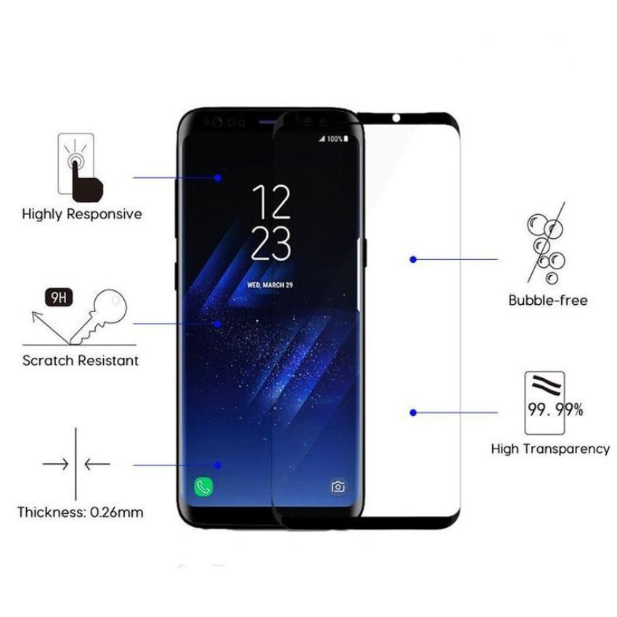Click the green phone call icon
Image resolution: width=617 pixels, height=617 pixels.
point(203,487)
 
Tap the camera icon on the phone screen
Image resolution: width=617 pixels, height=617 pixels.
point(338,487)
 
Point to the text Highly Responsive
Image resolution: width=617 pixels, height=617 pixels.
point(82,214)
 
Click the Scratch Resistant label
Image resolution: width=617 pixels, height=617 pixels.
point(81,361)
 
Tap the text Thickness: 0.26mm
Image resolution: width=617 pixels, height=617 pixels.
point(81,512)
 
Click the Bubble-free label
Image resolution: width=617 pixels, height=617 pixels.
point(548,301)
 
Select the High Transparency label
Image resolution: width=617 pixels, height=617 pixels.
point(550,449)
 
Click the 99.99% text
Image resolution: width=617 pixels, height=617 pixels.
point(555,410)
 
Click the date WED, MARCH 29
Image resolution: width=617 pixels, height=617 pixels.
point(270,285)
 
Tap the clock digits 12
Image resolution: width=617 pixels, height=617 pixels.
point(271,203)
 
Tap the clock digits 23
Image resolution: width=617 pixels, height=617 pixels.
point(271,244)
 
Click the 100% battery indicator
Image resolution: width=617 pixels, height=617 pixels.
point(335,139)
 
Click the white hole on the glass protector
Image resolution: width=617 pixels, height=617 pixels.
point(396,118)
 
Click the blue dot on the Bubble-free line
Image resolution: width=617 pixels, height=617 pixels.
point(413,259)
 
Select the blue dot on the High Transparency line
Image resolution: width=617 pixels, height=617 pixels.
point(413,412)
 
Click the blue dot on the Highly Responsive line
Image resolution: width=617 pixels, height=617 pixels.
point(218,177)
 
